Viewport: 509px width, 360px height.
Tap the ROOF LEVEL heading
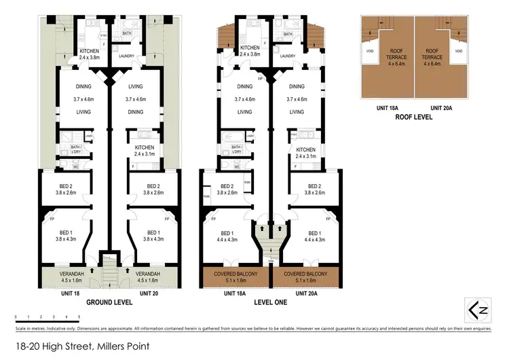413,116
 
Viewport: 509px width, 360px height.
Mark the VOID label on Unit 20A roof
458,52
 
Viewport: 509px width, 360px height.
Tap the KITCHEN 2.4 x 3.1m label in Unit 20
144,151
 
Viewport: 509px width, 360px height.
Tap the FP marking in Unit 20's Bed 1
166,219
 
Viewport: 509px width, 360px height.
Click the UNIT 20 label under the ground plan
150,293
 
